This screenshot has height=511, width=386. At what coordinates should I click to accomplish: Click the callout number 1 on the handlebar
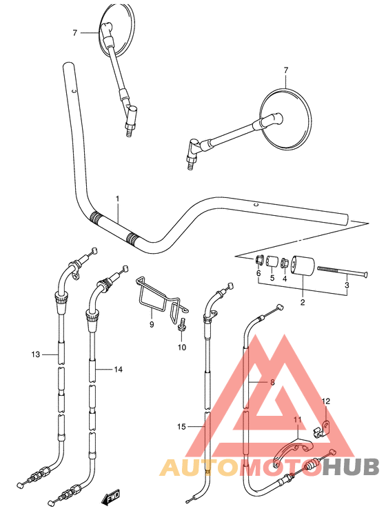point(118,199)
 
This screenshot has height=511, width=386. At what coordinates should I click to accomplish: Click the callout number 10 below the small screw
point(183,347)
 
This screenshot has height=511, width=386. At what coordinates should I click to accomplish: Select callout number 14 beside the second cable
point(118,370)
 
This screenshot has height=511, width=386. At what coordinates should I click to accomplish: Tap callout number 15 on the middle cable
point(181,427)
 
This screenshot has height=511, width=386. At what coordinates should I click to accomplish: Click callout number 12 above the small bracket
point(327,401)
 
